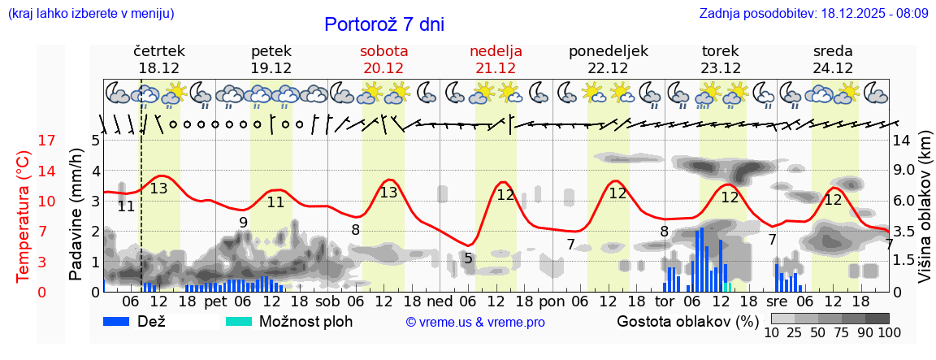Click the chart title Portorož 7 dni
pos(383,24)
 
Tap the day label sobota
pos(383,51)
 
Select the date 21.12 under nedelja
pos(496,68)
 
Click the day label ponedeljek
pos(609,51)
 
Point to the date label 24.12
pos(833,68)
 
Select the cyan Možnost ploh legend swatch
pos(239,321)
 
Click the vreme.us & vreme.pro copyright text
pos(475,323)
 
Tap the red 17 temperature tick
pos(24,141)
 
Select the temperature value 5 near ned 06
pos(468,258)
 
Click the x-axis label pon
pos(552,301)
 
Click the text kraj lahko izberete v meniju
pos(91,14)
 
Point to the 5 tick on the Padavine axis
pos(95,141)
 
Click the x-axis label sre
pos(778,301)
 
